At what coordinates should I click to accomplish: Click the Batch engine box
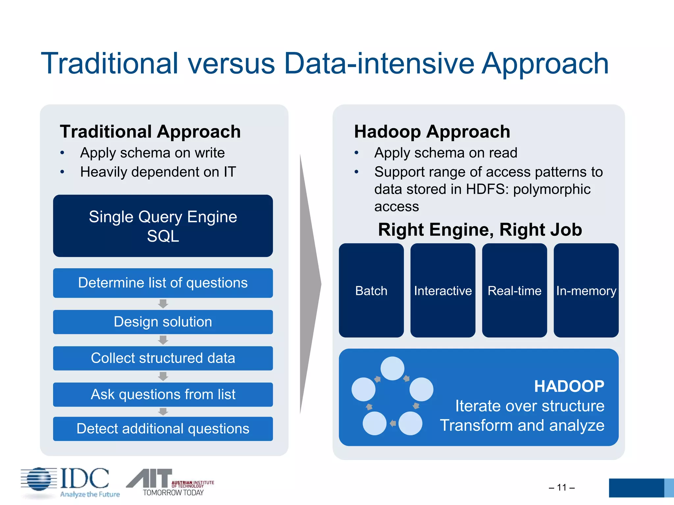(371, 290)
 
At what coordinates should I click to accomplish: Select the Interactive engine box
(443, 290)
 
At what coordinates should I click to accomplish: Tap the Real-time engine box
(514, 290)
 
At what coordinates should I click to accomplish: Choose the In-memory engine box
(586, 290)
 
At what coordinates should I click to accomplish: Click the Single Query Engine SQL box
(163, 226)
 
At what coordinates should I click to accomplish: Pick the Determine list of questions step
(163, 283)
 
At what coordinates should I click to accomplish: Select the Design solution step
(163, 322)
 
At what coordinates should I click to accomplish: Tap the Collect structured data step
(163, 358)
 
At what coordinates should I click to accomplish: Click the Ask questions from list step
(163, 394)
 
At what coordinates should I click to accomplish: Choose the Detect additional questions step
(163, 429)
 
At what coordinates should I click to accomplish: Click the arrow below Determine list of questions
(163, 303)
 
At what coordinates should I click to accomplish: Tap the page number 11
(561, 487)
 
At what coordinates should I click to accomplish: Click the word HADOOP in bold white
(569, 386)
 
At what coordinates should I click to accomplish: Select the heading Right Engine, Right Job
(480, 229)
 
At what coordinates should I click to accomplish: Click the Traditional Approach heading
(150, 132)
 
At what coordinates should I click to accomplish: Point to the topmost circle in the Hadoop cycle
(392, 369)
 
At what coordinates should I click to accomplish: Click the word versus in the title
(231, 63)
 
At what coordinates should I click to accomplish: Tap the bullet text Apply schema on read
(446, 153)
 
